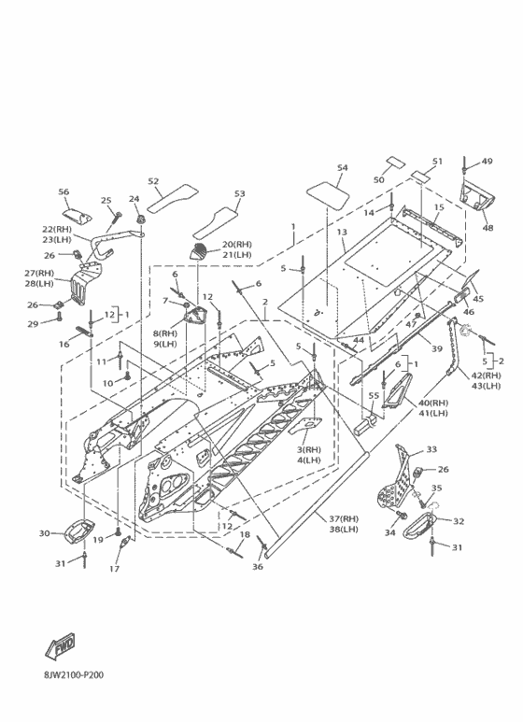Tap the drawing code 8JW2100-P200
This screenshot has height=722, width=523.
click(74, 675)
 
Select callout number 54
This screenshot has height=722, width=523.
click(343, 168)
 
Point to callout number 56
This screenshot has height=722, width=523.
click(64, 192)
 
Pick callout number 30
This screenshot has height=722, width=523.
click(44, 533)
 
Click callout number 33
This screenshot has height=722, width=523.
click(431, 449)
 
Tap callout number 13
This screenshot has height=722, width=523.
click(342, 232)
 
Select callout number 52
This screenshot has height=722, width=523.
click(153, 181)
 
